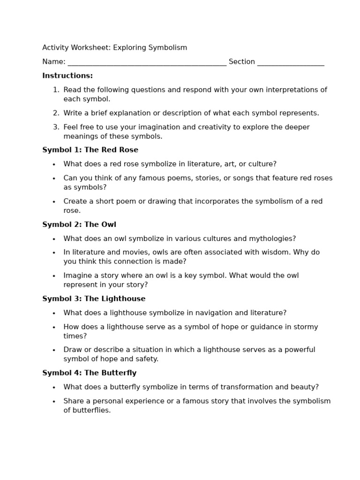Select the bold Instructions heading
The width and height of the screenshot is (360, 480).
pos(67,76)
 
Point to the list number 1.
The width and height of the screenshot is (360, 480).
pos(56,90)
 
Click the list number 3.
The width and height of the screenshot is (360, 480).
pos(56,127)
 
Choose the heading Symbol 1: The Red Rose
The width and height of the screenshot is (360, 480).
pos(90,150)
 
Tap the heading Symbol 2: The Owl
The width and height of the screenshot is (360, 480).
pos(79,225)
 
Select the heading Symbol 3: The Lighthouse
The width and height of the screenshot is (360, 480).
pos(94,299)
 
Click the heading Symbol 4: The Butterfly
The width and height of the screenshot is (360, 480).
pos(89,373)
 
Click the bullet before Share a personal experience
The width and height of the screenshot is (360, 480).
pos(54,402)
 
